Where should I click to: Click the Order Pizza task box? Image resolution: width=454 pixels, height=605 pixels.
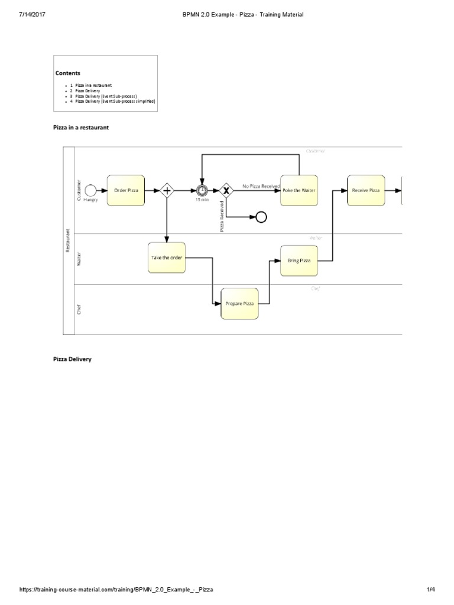click(x=126, y=190)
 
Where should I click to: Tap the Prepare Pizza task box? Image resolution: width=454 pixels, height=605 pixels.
click(x=239, y=304)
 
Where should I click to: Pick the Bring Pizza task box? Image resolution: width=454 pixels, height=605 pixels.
click(x=299, y=260)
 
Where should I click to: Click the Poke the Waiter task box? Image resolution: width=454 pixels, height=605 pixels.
click(x=299, y=190)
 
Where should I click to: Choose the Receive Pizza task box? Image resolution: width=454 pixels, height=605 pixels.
click(x=366, y=190)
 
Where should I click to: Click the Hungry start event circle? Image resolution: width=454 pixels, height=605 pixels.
click(x=90, y=190)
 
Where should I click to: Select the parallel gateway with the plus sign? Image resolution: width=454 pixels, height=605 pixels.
click(x=167, y=190)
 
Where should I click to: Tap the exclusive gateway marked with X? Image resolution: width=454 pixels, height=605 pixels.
click(x=226, y=190)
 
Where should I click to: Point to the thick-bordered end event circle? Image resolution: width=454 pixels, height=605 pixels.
click(x=261, y=217)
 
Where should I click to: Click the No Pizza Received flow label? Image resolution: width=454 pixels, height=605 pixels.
click(x=261, y=186)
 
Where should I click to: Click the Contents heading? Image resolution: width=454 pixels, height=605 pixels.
click(x=68, y=73)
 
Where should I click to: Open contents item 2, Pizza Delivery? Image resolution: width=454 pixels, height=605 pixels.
click(x=87, y=90)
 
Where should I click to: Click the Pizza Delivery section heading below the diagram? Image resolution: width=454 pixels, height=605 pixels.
click(x=72, y=359)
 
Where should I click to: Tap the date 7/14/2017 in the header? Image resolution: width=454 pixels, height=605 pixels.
click(x=33, y=14)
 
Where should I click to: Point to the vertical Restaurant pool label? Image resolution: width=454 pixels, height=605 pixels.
click(x=68, y=241)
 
